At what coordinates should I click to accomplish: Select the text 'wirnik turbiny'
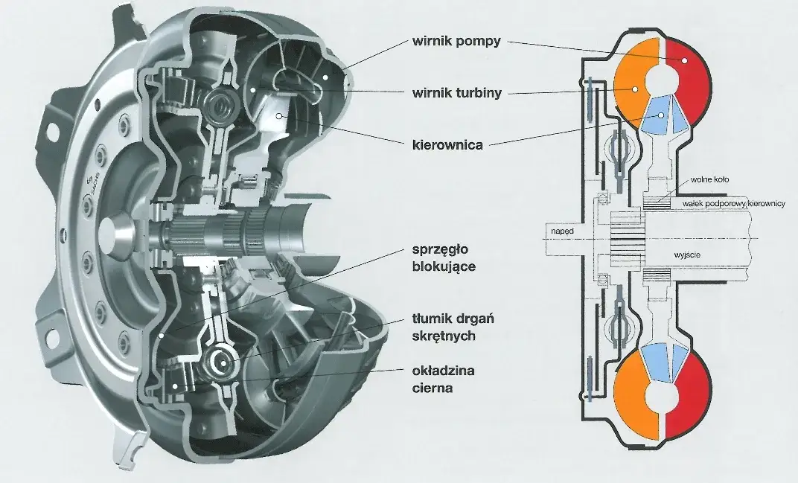pyautogui.click(x=456, y=93)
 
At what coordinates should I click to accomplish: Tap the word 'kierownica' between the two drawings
pyautogui.click(x=447, y=145)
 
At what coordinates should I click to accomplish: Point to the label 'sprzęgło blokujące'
pyautogui.click(x=444, y=257)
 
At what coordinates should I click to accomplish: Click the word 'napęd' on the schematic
pyautogui.click(x=564, y=232)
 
